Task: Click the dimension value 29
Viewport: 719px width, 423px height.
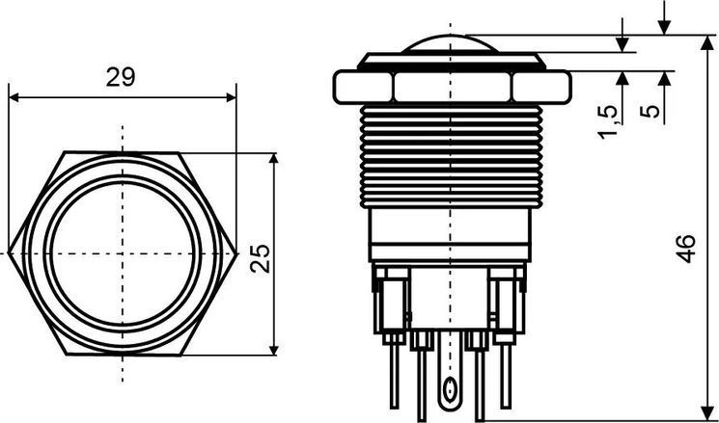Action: [x=121, y=77]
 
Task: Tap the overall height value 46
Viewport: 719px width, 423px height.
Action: [x=686, y=249]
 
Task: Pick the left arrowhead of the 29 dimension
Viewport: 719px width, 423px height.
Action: [x=14, y=97]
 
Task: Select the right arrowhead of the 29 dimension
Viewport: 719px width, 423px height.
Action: [x=231, y=97]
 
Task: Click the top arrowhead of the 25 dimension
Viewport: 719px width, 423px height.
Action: [x=274, y=158]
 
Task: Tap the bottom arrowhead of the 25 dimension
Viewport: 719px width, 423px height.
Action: [x=274, y=350]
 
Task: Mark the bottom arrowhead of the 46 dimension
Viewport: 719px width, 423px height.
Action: [x=707, y=412]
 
